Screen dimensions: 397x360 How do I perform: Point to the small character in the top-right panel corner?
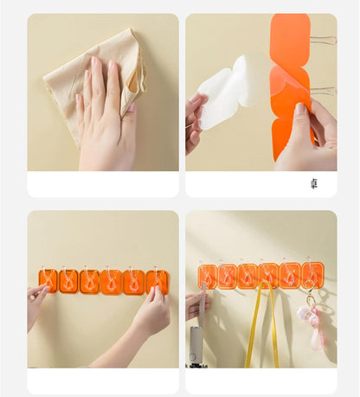pyautogui.click(x=313, y=183)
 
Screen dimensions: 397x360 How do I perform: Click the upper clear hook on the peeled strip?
pyautogui.click(x=322, y=40)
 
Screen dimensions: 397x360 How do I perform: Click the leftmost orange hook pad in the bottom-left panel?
pyautogui.click(x=48, y=280)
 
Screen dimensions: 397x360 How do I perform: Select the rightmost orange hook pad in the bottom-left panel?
pyautogui.click(x=157, y=280)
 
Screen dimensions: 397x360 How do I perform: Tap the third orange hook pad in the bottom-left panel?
pyautogui.click(x=90, y=281)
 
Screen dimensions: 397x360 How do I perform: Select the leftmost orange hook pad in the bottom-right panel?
pyautogui.click(x=207, y=276)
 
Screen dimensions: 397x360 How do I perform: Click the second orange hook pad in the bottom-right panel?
pyautogui.click(x=228, y=276)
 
